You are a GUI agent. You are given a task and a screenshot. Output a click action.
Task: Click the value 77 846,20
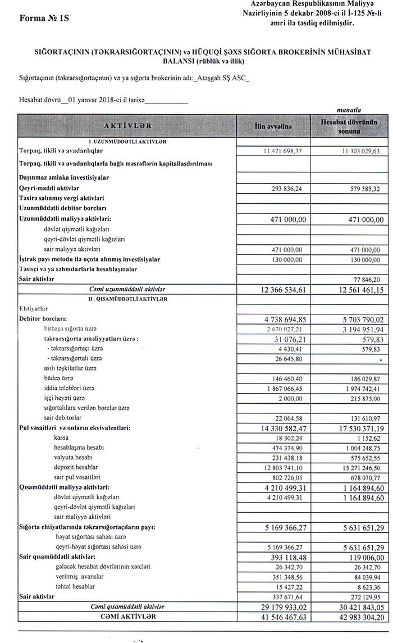(x=349, y=278)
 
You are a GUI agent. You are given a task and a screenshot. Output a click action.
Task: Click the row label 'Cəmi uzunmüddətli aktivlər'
(x=130, y=288)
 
